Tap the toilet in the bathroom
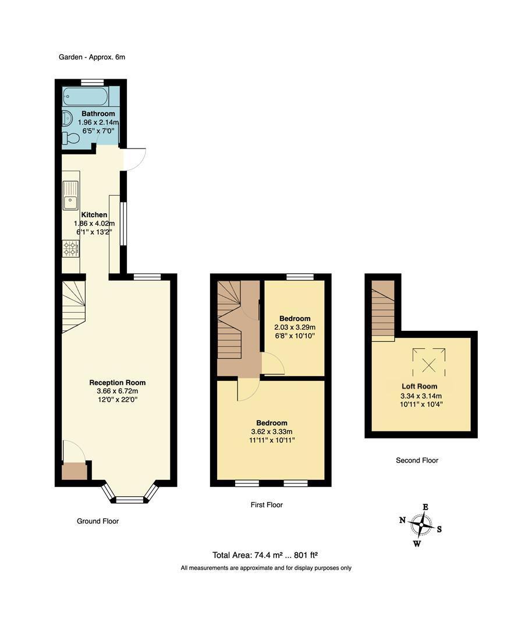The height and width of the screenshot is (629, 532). pyautogui.click(x=72, y=139)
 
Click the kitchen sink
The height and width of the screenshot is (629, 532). pyautogui.click(x=70, y=196)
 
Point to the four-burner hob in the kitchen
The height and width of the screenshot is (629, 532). pyautogui.click(x=71, y=249)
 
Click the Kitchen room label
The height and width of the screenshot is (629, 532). pyautogui.click(x=94, y=215)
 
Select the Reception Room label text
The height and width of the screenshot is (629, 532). pyautogui.click(x=117, y=383)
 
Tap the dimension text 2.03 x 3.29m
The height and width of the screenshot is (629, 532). pyautogui.click(x=295, y=327)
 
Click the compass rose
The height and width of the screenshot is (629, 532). pyautogui.click(x=420, y=525)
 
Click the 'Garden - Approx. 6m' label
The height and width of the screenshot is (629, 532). pyautogui.click(x=92, y=57)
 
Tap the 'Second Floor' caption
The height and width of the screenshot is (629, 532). pyautogui.click(x=417, y=460)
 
